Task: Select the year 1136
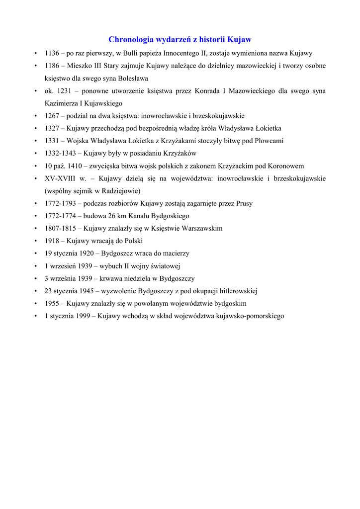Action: pyautogui.click(x=52, y=53)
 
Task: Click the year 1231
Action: pyautogui.click(x=65, y=91)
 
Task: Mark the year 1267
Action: pyautogui.click(x=52, y=116)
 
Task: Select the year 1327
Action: pyautogui.click(x=52, y=128)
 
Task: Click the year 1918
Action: pyautogui.click(x=52, y=241)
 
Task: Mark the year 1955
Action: pyautogui.click(x=52, y=303)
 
